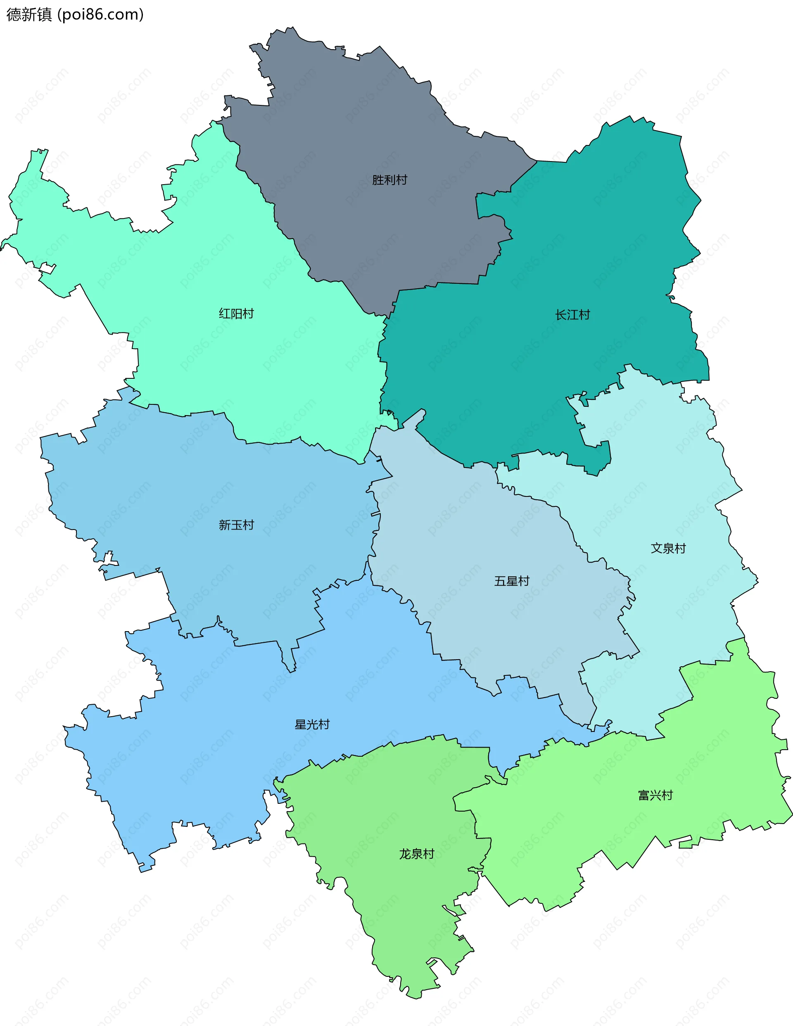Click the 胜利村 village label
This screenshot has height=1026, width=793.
(389, 180)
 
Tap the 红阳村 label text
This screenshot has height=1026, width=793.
(236, 313)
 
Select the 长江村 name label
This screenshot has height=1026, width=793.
(572, 315)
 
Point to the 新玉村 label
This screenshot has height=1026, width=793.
(236, 525)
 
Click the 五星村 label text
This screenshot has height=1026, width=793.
(512, 581)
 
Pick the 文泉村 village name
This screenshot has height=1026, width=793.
(668, 548)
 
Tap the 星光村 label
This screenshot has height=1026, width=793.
(312, 724)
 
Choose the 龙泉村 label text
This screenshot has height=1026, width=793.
(416, 854)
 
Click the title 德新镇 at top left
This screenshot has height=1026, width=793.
(29, 14)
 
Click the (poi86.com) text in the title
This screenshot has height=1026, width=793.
(100, 14)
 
